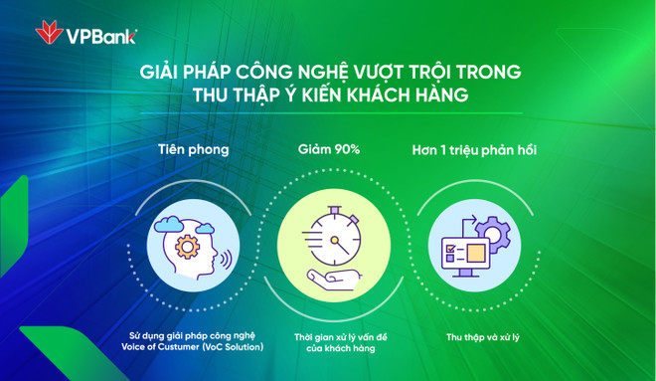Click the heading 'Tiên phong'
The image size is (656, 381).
click(193, 149)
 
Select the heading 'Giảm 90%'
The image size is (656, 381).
click(328, 149)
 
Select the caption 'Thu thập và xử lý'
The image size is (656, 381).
click(475, 337)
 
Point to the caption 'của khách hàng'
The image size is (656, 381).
click(328, 347)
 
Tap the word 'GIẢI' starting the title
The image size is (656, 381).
click(162, 73)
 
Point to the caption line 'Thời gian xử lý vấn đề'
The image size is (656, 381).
click(328, 336)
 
